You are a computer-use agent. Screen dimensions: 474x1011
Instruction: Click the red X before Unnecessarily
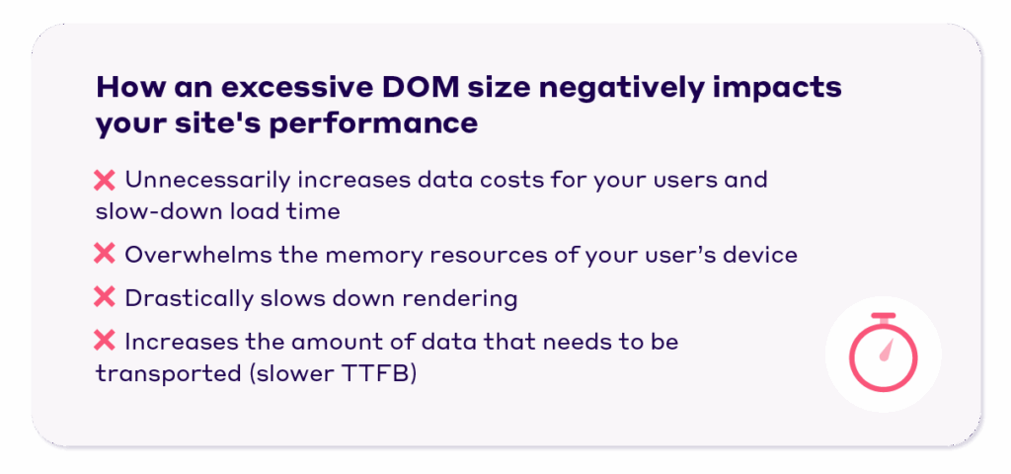coord(105,181)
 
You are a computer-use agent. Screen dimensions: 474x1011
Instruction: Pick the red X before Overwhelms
coord(105,255)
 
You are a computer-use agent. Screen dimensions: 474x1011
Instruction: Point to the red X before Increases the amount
coord(105,342)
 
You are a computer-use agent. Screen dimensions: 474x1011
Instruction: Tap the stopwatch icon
coord(883,354)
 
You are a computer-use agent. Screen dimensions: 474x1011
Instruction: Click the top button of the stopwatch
coord(883,317)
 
